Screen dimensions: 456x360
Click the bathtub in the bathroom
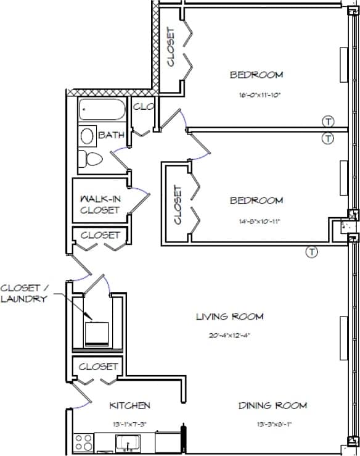coord(102,111)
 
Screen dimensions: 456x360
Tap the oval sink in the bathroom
coord(88,136)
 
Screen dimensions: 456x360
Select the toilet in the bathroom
coord(92,159)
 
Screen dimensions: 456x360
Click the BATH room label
coord(111,135)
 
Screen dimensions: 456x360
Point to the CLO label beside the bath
coord(142,107)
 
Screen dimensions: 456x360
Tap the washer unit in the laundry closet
coord(97,333)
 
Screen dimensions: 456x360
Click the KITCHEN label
coord(129,405)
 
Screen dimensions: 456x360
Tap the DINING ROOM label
coord(272,405)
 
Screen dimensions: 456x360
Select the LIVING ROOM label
coord(229,317)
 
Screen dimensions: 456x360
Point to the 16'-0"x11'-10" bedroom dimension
coord(256,96)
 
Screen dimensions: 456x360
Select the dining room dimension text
coord(271,424)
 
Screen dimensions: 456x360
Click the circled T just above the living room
coord(312,251)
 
